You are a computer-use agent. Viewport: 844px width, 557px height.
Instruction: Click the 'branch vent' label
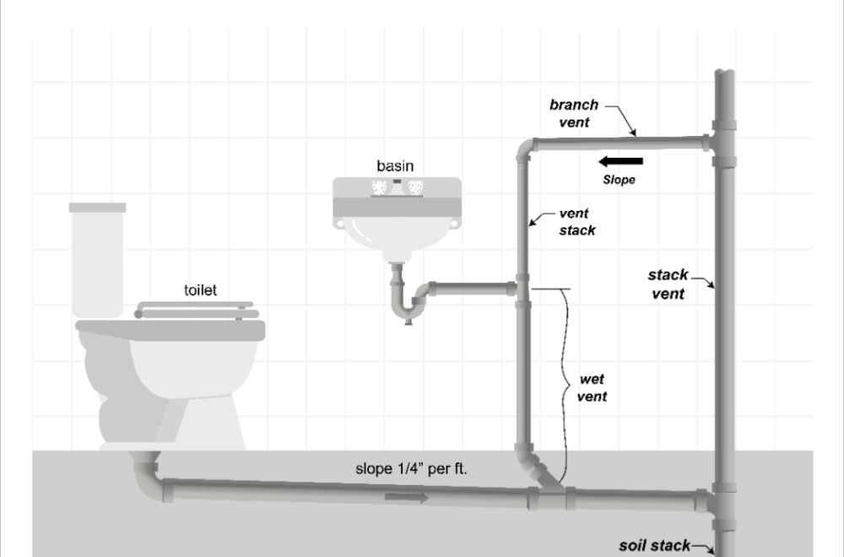tap(574, 113)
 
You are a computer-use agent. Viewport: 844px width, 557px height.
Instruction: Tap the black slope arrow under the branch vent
tap(620, 161)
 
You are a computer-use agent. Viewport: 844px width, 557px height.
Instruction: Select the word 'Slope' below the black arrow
tap(619, 180)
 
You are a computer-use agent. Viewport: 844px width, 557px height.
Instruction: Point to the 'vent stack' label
tap(577, 222)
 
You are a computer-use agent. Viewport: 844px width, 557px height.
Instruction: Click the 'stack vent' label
tap(667, 284)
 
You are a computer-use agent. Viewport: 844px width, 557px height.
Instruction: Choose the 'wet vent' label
tap(595, 387)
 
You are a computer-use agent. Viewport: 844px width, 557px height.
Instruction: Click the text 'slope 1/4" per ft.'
tap(410, 469)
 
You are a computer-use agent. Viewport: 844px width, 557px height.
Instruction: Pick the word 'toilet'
tap(201, 290)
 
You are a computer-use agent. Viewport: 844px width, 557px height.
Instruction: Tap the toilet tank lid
tap(97, 207)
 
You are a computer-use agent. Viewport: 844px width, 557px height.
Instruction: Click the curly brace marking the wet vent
tap(561, 376)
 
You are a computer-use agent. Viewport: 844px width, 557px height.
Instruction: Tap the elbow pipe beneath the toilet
tap(147, 474)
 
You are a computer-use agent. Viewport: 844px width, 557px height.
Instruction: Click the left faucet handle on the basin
tap(376, 187)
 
